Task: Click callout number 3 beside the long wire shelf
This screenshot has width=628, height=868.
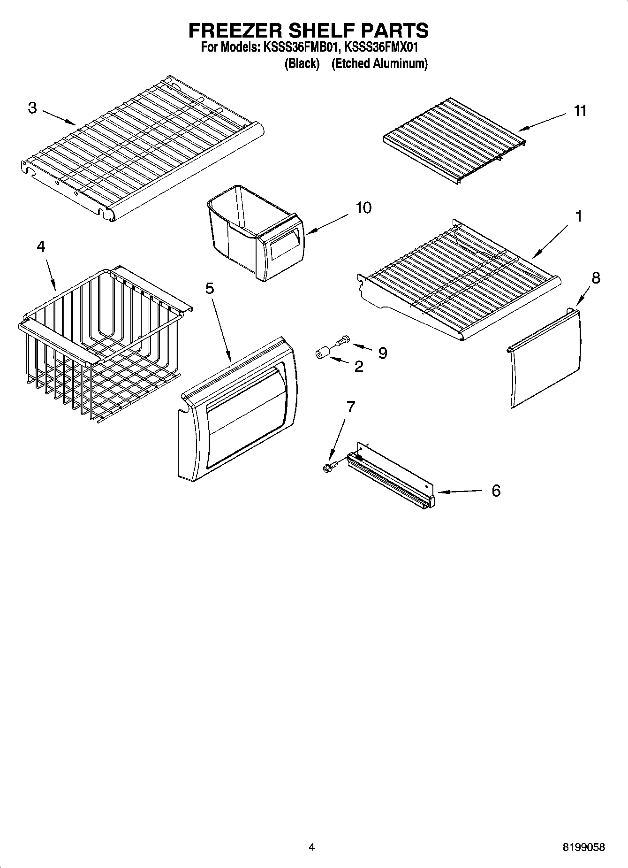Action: click(32, 108)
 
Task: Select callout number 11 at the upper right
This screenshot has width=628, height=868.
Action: click(580, 111)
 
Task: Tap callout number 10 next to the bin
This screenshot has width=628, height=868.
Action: click(363, 207)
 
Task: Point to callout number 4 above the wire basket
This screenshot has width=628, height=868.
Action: click(41, 246)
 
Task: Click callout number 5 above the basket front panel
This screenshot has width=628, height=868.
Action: click(209, 288)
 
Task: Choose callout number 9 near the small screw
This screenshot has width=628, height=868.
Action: click(382, 353)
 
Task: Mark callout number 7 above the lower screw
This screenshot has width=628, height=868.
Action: click(350, 407)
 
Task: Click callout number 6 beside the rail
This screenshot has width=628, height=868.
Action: click(496, 491)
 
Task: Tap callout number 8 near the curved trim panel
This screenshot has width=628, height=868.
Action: click(595, 278)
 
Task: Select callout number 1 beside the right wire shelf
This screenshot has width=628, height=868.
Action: click(579, 216)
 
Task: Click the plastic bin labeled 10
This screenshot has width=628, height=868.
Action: click(253, 230)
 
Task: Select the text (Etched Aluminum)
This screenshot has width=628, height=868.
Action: click(379, 64)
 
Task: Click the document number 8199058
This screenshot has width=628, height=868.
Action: click(583, 847)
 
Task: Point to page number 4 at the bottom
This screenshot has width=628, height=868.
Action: click(311, 847)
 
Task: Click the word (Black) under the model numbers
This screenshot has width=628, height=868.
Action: click(302, 64)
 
